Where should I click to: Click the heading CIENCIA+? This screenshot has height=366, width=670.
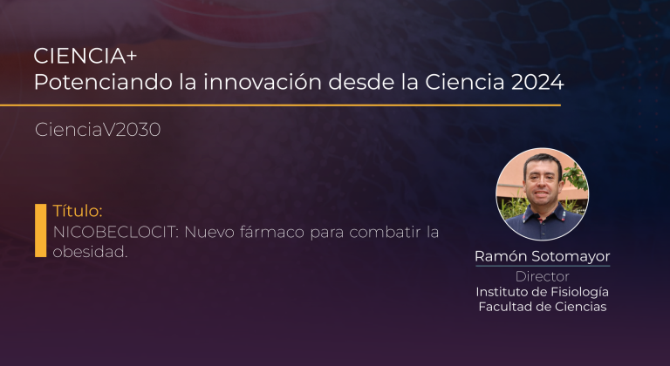[85, 56]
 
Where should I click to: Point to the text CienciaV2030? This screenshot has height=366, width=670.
[98, 129]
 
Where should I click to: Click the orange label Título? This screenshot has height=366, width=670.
[78, 211]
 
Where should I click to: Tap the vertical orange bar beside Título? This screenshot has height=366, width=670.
[41, 231]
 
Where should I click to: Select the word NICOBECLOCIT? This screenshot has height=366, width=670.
[115, 233]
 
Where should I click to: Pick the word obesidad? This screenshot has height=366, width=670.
[90, 252]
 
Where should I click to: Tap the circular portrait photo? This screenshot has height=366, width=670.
[543, 194]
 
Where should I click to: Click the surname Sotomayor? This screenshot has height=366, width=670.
[570, 257]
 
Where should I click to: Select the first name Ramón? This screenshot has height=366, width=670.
[501, 256]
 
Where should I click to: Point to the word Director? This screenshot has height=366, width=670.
[543, 277]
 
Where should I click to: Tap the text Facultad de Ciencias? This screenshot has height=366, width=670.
[543, 307]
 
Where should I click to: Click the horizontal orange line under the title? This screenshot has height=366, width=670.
[280, 105]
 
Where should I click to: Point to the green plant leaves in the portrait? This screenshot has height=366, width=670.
[576, 177]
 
